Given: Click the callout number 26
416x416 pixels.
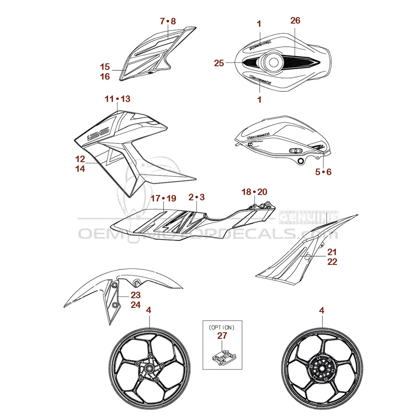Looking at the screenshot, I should click(295, 20).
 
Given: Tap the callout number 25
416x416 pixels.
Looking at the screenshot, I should click(219, 63).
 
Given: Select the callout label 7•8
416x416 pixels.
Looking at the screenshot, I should click(168, 21).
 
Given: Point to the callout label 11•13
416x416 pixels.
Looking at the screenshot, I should click(117, 99).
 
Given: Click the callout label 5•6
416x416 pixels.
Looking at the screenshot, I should click(323, 172).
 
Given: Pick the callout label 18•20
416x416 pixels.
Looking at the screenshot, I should click(254, 192).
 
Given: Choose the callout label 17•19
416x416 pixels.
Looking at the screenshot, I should click(163, 198).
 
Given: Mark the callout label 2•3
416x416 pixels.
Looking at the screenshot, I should click(197, 197).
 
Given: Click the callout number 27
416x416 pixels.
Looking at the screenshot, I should click(222, 336).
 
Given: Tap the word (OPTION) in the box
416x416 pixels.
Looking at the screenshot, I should click(222, 327).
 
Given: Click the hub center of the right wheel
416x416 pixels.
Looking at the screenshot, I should click(322, 369).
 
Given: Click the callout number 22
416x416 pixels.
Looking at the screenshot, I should click(332, 262).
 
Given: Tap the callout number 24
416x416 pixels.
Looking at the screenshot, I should click(136, 305).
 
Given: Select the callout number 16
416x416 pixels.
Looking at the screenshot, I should click(105, 76).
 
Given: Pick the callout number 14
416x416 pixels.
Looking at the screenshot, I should click(80, 169).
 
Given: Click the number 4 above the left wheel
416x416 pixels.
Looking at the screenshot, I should click(149, 310).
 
